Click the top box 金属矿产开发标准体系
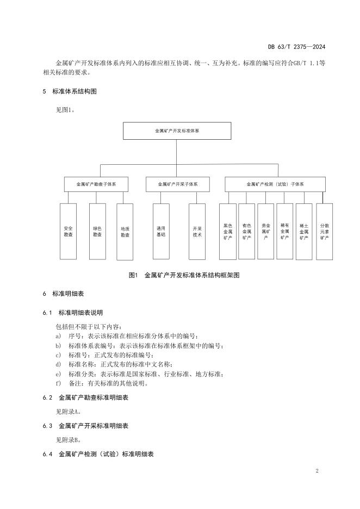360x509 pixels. [177, 131]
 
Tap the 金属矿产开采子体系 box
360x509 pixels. [177, 184]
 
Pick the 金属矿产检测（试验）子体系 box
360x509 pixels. [275, 184]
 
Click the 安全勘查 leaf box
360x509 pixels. [68, 231]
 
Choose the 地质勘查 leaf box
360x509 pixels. [125, 231]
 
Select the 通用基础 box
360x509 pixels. [161, 231]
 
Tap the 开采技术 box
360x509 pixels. [197, 231]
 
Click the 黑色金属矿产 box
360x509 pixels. [227, 231]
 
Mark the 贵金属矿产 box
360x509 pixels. [265, 231]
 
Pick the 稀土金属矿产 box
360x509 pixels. [303, 231]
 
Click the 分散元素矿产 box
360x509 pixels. [324, 231]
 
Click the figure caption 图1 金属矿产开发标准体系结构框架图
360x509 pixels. [184, 275]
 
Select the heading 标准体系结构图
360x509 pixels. [75, 91]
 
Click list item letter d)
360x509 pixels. [59, 364]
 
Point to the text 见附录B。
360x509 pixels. [69, 439]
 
